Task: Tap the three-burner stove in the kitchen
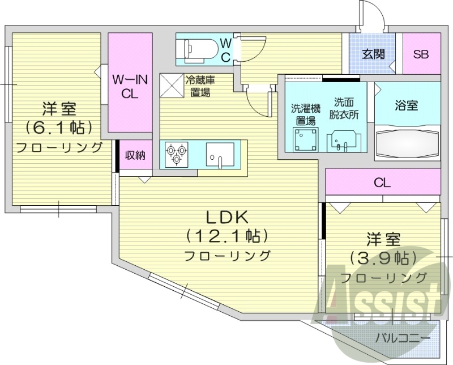tap(175, 154)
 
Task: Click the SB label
tap(421, 54)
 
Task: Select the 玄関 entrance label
tap(374, 54)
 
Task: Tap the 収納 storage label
tap(135, 155)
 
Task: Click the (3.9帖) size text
tap(383, 258)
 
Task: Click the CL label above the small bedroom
tap(383, 183)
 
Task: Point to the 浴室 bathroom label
tap(407, 105)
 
